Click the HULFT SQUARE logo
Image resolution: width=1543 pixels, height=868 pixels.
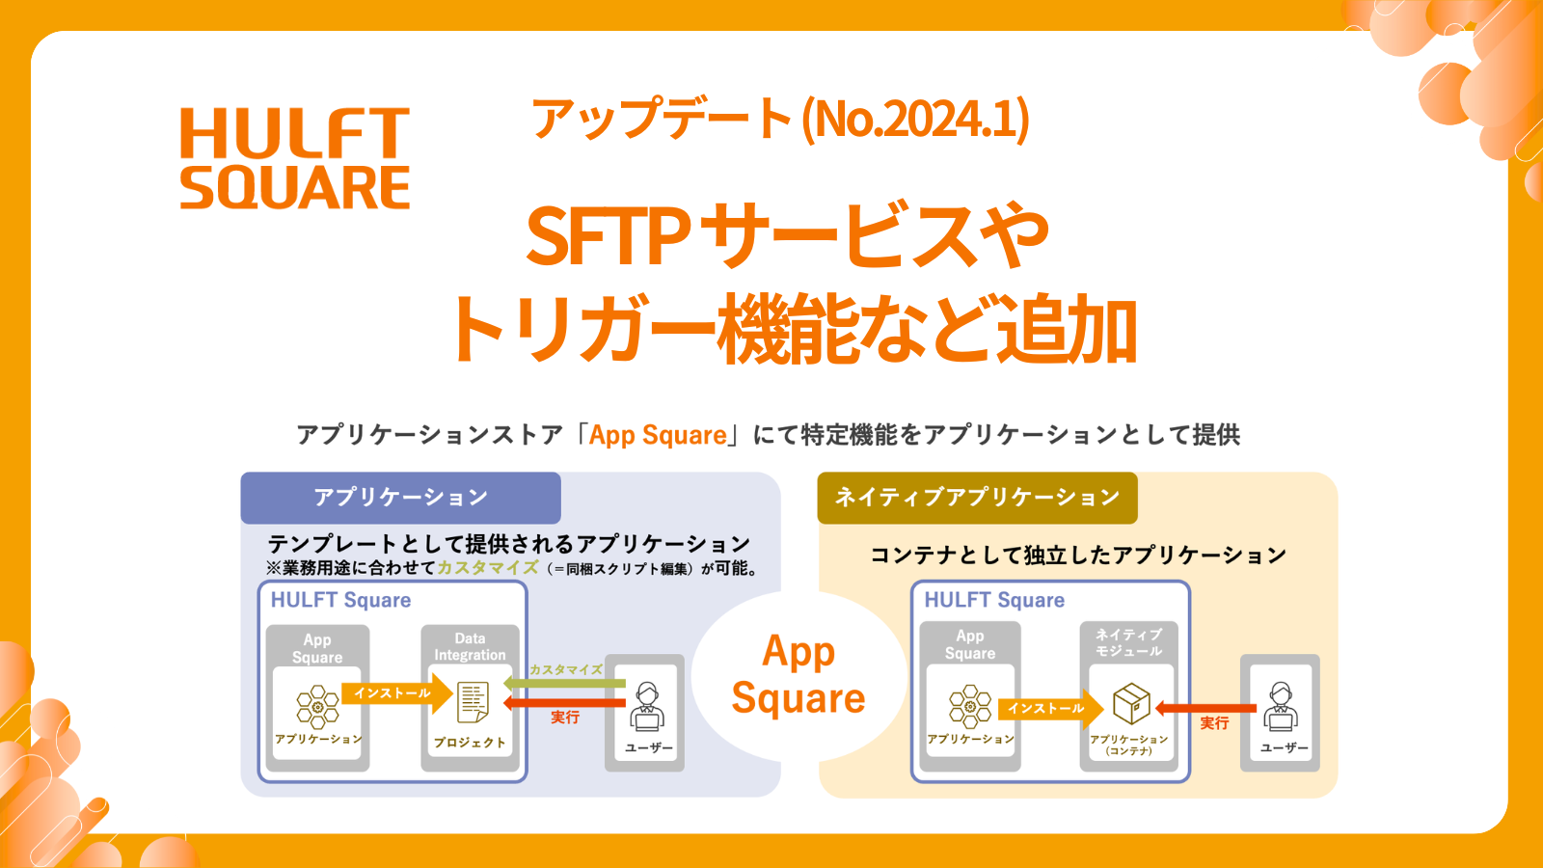(295, 159)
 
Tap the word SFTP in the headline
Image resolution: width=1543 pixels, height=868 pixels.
(609, 236)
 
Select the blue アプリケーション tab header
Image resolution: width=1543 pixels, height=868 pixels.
(400, 498)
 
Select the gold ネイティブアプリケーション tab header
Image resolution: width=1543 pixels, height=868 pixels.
(977, 498)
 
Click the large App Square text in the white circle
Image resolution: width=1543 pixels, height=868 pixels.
(799, 675)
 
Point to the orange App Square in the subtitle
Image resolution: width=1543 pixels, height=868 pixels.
(658, 435)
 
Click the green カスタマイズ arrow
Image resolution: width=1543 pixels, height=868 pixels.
(565, 683)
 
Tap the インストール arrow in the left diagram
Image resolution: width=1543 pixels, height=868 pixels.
(396, 692)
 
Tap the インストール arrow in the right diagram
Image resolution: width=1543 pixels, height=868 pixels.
(1049, 708)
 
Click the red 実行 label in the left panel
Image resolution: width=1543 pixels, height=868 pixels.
(565, 717)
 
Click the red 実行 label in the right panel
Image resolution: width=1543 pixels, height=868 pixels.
(1214, 722)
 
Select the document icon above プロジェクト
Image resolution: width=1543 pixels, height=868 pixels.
(473, 702)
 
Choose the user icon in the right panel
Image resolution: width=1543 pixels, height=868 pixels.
(1281, 707)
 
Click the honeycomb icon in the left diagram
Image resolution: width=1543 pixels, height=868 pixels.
(317, 706)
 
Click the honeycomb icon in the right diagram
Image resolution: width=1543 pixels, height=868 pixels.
(970, 706)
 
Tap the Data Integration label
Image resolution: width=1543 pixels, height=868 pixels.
(470, 646)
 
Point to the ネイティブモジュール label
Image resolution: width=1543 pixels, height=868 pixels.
(1128, 642)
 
